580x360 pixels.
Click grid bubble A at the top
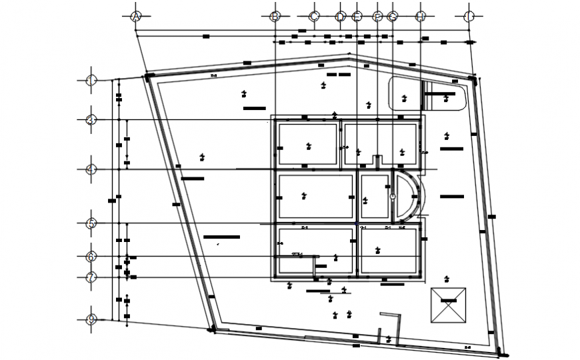pyautogui.click(x=136, y=17)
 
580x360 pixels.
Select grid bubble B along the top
pyautogui.click(x=275, y=17)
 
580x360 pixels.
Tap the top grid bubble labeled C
pyautogui.click(x=315, y=17)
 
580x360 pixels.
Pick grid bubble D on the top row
pyautogui.click(x=341, y=17)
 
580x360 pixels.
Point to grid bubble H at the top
pyautogui.click(x=421, y=17)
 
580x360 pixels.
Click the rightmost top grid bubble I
pyautogui.click(x=469, y=17)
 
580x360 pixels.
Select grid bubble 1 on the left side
pyautogui.click(x=91, y=81)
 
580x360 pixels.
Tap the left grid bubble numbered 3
pyautogui.click(x=91, y=120)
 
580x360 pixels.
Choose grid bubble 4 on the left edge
pyautogui.click(x=91, y=169)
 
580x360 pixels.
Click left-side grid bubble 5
pyautogui.click(x=91, y=223)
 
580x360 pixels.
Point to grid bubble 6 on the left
pyautogui.click(x=91, y=257)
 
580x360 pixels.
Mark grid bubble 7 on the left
pyautogui.click(x=91, y=277)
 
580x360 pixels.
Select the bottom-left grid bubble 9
pyautogui.click(x=91, y=320)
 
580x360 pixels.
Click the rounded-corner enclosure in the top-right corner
pyautogui.click(x=427, y=93)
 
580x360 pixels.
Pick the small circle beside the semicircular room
pyautogui.click(x=393, y=196)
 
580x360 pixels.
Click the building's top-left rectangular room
pyautogui.click(x=307, y=144)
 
